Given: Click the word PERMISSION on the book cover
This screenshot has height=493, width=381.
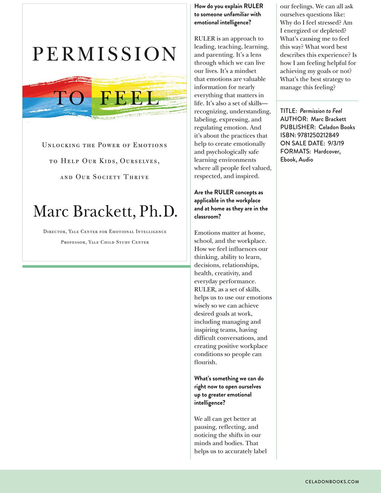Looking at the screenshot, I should click(104, 54).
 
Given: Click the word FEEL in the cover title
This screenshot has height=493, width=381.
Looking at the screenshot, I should click(130, 98).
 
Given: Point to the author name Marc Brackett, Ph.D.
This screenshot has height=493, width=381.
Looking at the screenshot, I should click(105, 211).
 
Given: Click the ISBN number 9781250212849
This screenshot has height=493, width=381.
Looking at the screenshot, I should click(320, 135).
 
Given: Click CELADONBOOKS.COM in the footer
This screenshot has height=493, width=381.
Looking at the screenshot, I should click(332, 482).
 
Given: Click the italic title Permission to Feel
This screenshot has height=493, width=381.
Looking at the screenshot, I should click(321, 111).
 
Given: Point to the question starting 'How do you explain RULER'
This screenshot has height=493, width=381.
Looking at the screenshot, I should click(229, 14).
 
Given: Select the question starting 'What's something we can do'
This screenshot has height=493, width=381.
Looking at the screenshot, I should click(229, 391).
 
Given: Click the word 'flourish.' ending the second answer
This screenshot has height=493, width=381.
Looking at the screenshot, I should click(205, 362).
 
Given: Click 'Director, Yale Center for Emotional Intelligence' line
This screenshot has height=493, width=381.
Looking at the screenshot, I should click(105, 232).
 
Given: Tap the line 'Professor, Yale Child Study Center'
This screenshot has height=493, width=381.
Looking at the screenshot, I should click(105, 242).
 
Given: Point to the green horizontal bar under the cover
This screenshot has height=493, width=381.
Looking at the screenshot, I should click(106, 266).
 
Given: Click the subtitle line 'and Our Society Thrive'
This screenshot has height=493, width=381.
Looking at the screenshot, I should click(105, 177).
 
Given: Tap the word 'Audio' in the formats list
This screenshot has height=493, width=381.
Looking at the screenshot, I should click(306, 160).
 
